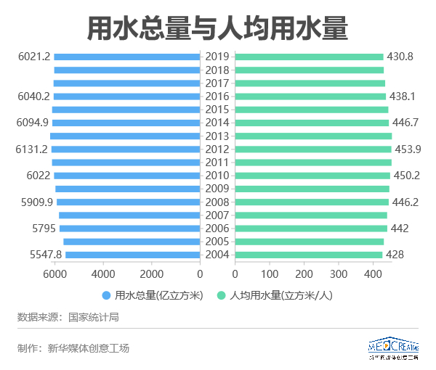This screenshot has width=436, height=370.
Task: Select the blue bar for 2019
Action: point(127,57)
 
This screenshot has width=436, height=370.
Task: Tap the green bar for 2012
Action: point(313,149)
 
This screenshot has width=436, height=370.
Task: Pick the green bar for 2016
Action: point(311,96)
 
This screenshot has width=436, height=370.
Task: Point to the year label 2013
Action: point(217,136)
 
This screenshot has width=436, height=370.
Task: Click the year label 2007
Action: point(217,215)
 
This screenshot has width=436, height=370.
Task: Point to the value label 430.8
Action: point(400,57)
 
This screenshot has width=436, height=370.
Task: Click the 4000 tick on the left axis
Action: point(102,274)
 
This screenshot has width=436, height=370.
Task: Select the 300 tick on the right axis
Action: point(338,274)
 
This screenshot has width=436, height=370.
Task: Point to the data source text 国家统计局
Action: point(94,317)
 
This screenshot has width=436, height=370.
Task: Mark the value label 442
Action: point(400,229)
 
